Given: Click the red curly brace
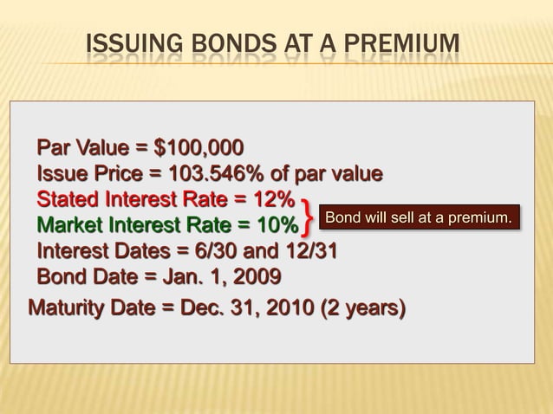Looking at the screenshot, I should click(309, 215).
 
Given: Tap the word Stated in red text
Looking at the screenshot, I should click(66, 199).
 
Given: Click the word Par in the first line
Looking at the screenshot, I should click(54, 146).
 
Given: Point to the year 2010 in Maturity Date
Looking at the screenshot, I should click(287, 307).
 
